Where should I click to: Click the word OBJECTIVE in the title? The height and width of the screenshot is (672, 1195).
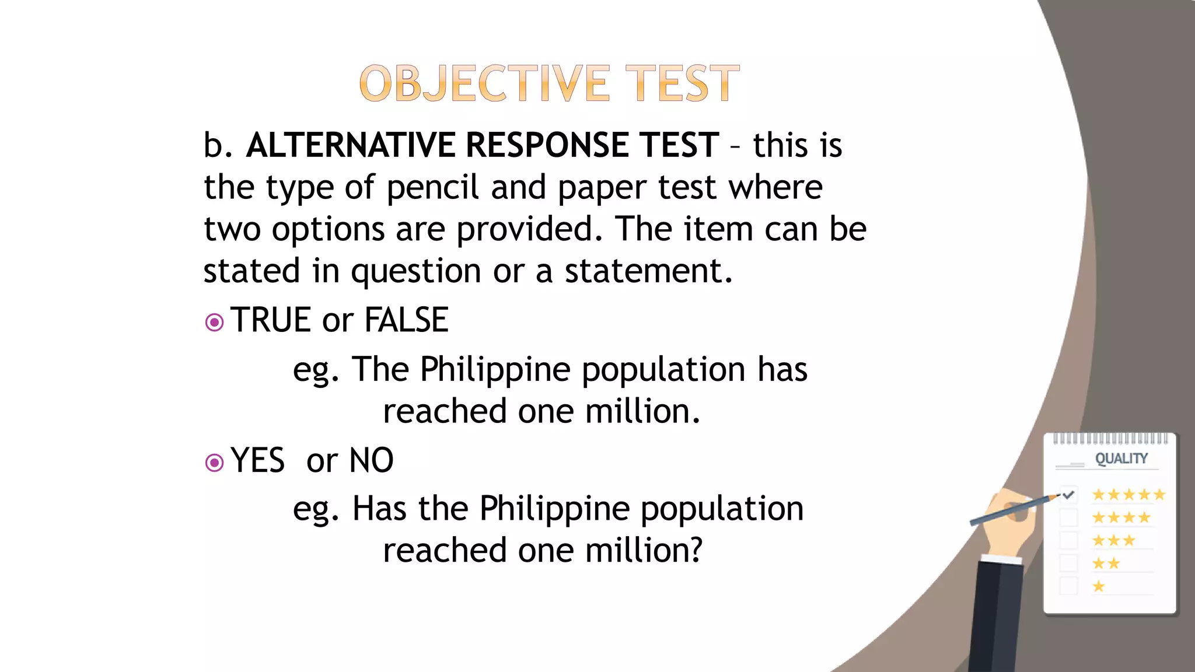pos(485,83)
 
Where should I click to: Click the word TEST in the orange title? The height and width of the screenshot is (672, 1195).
pos(682,83)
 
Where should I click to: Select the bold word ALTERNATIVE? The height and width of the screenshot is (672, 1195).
pos(350,145)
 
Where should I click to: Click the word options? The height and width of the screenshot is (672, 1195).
pos(329,229)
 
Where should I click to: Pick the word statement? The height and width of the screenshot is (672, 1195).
pos(648,271)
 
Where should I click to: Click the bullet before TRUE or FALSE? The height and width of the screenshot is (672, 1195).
pos(215,322)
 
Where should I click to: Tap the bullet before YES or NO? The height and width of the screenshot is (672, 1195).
pos(215,463)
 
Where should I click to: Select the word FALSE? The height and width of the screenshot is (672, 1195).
pos(406,320)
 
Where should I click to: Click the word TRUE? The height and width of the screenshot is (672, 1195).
pos(270,320)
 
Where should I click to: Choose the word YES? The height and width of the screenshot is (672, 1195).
pos(257,461)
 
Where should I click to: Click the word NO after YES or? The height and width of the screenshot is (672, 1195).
pos(371,461)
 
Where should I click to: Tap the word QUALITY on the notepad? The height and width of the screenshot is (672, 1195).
pos(1121,459)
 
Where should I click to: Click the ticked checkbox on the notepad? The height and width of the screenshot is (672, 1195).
pos(1068,495)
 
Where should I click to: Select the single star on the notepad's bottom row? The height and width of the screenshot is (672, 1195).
pos(1099,586)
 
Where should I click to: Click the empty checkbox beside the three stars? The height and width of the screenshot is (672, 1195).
pos(1068,540)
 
